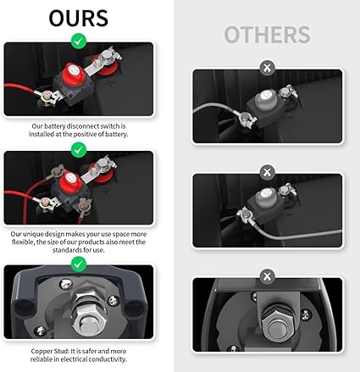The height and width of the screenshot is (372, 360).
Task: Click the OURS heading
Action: tap(79, 19)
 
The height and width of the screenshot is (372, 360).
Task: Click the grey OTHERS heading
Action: tap(267, 35)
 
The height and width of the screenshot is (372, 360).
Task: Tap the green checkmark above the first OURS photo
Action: tap(79, 42)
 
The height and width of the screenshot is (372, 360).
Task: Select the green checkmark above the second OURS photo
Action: tap(79, 150)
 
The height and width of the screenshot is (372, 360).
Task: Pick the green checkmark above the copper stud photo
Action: tap(79, 264)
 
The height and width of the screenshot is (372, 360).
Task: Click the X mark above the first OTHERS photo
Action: tap(267, 68)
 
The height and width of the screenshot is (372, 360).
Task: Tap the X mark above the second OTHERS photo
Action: tap(267, 172)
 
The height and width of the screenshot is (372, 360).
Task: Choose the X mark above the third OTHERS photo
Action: tap(267, 276)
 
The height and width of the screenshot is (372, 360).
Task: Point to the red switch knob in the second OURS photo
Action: tap(69, 180)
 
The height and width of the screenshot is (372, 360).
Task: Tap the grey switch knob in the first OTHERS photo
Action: tap(265, 97)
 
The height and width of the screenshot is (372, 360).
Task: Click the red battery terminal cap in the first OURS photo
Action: tap(107, 68)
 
